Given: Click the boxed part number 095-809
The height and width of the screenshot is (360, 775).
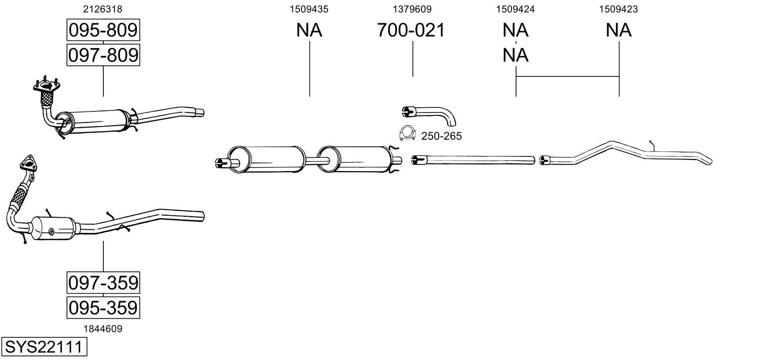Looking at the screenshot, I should (103, 30).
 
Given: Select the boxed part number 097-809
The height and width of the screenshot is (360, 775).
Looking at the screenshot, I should (103, 55).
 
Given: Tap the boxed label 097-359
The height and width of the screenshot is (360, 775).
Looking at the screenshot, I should (103, 282).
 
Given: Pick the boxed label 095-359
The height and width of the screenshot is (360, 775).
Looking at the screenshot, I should (103, 307).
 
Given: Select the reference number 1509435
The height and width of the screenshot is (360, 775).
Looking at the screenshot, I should (309, 9).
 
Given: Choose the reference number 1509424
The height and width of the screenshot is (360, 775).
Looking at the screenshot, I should (516, 9).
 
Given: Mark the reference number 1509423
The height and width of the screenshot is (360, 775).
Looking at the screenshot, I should (618, 9).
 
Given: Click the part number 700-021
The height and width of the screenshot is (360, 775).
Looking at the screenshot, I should (411, 30).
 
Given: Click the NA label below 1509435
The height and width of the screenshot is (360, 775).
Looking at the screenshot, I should (309, 30).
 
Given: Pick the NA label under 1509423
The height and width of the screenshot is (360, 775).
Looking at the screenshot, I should (618, 30).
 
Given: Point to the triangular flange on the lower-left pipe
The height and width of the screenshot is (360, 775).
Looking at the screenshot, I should (28, 163).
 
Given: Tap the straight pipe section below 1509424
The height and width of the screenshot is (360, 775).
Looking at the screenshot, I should (474, 160).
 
